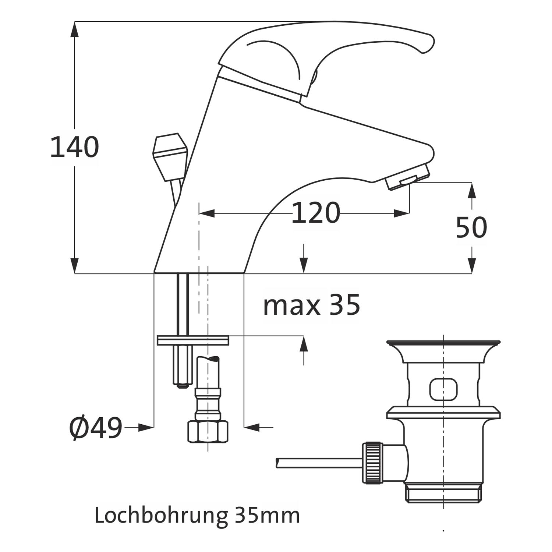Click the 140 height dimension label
coord(74,147)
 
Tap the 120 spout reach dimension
coord(315,213)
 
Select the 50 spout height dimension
coord(471,227)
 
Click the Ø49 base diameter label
coord(96,428)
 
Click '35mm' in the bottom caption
coord(267,516)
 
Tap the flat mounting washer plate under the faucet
coord(193,340)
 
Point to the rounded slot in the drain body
coord(444,389)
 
